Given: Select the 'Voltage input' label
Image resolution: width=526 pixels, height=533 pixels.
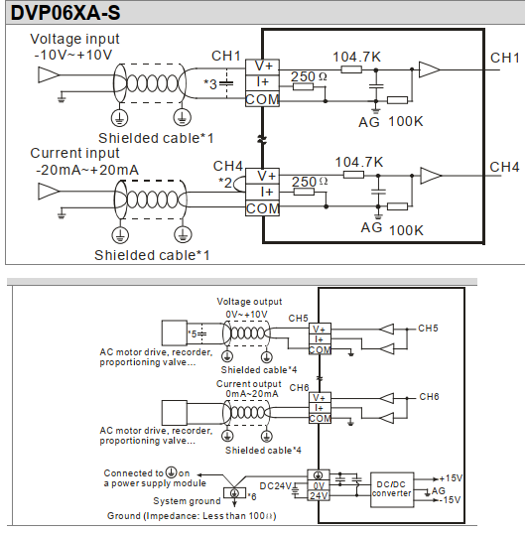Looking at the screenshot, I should pyautogui.click(x=70, y=38).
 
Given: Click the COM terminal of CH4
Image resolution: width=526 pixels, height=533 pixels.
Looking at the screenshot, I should pyautogui.click(x=262, y=208).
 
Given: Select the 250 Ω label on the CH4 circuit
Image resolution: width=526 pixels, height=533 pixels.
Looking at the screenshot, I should pyautogui.click(x=311, y=181).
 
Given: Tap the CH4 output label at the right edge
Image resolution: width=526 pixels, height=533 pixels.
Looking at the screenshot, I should pyautogui.click(x=504, y=166).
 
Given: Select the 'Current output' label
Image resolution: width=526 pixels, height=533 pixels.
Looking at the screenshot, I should pyautogui.click(x=248, y=384).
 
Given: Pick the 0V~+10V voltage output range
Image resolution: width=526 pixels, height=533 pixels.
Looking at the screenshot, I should pyautogui.click(x=246, y=314).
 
